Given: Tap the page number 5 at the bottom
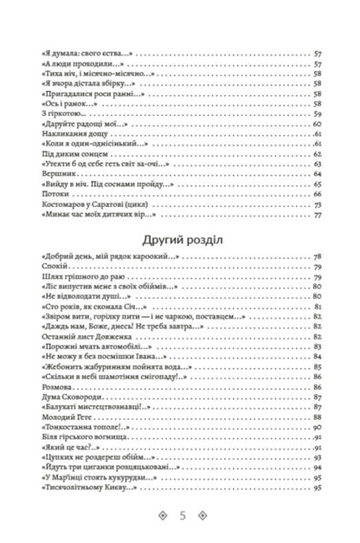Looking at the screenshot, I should click(180, 515).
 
